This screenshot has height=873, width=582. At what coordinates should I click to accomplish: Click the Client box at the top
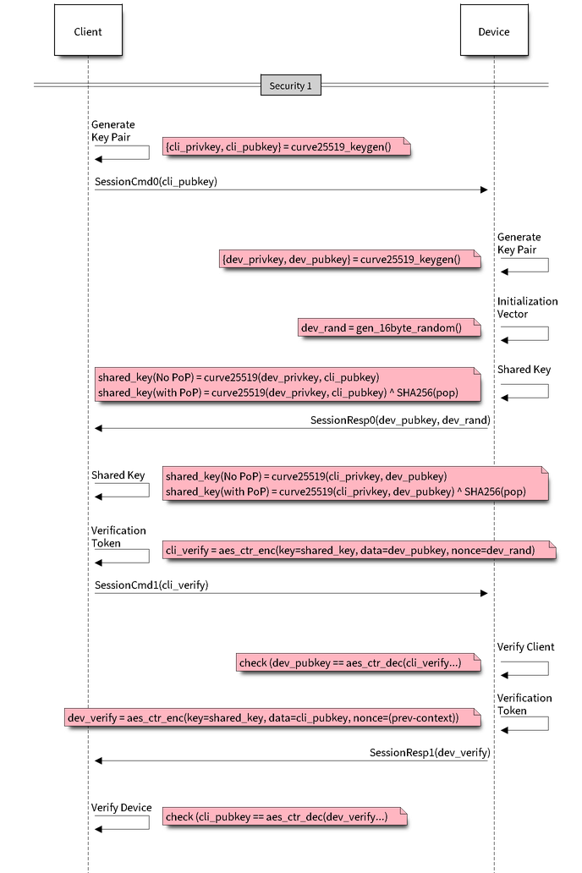pos(88,32)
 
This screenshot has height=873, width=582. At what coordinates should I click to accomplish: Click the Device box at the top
pos(494,32)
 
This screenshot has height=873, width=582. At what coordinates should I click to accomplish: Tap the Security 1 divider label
pos(290,85)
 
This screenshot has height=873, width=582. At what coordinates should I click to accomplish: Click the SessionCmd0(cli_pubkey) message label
pos(156,181)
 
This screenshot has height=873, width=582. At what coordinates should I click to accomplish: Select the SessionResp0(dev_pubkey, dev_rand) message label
pos(401,420)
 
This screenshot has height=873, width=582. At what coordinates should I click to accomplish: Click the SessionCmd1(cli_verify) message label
pos(152,585)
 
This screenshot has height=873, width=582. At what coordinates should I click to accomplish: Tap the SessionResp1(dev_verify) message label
pos(431,752)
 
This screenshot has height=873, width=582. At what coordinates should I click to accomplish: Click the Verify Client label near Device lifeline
pos(525,647)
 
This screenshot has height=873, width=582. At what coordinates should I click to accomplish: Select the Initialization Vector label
pos(526,307)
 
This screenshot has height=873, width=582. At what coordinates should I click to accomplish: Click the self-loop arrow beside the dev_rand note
pos(525,333)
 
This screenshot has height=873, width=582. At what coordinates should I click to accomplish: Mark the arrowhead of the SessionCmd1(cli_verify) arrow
pos(485,593)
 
